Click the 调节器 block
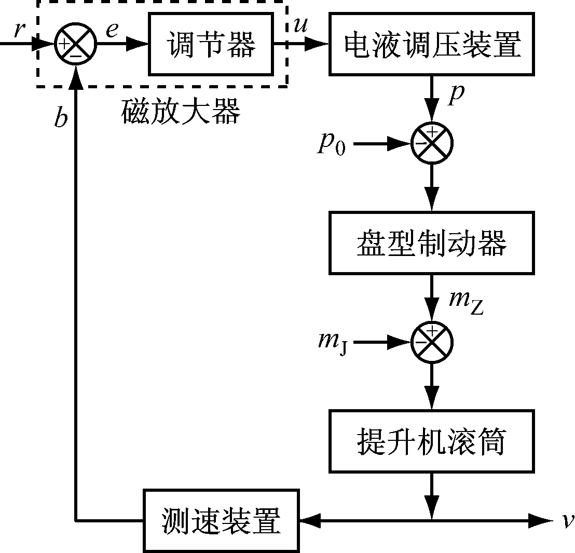pos(211,45)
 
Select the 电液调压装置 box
pos(432,45)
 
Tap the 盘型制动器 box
pos(432,242)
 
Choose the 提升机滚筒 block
pos(432,441)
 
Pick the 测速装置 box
pos(221,520)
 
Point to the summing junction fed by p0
pos(432,143)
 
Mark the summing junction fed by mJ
pos(432,342)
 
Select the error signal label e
pos(112,30)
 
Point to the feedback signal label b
pos(61,118)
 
